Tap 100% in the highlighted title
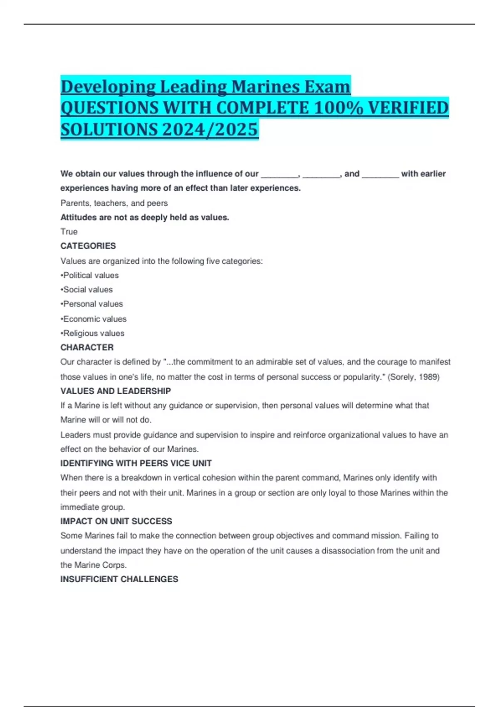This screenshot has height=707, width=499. coord(338,108)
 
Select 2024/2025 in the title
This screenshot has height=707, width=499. coord(210,129)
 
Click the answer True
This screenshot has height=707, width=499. coord(69,232)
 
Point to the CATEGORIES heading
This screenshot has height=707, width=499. coord(88,246)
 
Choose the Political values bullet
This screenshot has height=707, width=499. coord(90,275)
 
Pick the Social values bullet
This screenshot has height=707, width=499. coord(87,289)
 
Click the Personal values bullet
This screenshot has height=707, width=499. coord(92,304)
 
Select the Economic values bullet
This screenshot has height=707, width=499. coord(94,319)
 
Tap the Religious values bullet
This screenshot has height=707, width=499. coord(93,333)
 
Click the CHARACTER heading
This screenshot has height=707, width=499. coord(87,347)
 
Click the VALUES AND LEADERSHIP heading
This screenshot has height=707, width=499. coord(116,391)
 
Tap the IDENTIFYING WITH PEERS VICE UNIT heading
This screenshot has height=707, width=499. coord(136,463)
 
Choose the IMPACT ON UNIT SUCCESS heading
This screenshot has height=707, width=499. coord(116,521)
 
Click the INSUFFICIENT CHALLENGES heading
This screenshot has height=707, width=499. coord(119,579)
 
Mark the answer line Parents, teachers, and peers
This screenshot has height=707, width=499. coord(114,203)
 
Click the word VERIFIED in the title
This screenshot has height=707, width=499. coord(408,108)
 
